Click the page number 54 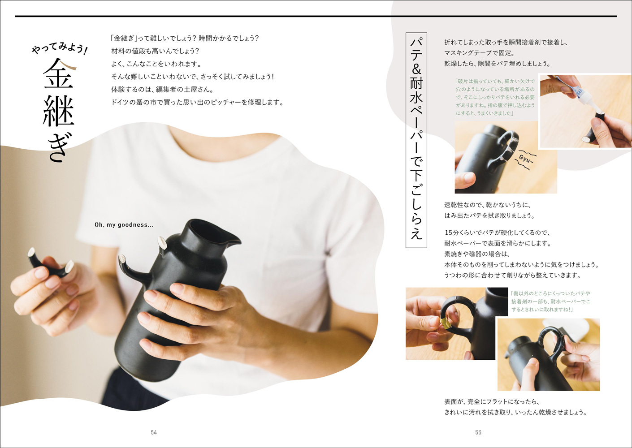pos(154,432)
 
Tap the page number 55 pos(478,432)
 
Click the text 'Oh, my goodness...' pos(124,225)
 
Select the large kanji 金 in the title pos(58,73)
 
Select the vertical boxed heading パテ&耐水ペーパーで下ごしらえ pos(416,140)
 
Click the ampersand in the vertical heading pos(416,69)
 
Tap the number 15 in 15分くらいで pos(448,233)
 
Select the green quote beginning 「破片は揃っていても pos(495,97)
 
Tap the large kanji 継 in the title pos(58,112)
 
